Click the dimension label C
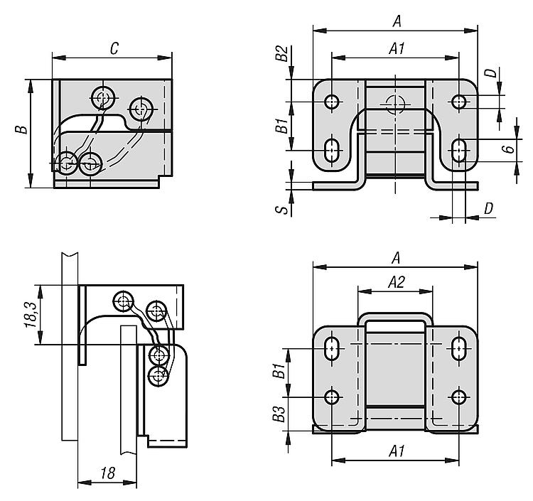[114, 48]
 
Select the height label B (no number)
[21, 129]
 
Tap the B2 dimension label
[281, 53]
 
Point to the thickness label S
[282, 210]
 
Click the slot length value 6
[508, 149]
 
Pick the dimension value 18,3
[31, 316]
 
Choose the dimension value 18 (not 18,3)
[108, 473]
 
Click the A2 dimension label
[397, 282]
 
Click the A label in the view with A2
[396, 259]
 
